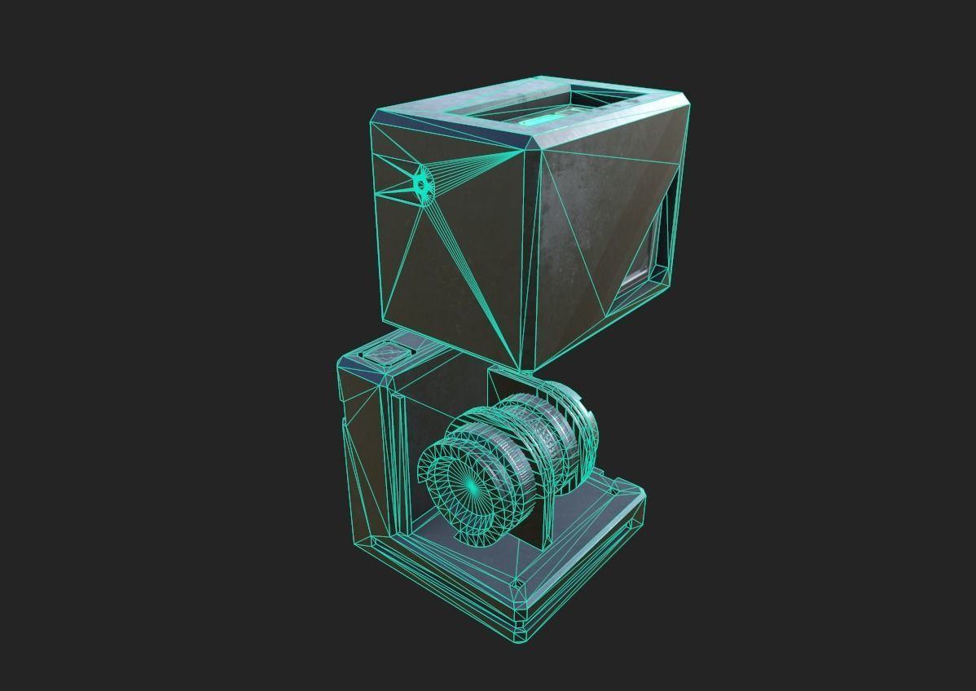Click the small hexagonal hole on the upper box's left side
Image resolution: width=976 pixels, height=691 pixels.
click(x=420, y=185)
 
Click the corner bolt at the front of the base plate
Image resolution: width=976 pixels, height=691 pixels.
click(x=516, y=583)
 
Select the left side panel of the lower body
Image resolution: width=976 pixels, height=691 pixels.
click(x=363, y=456)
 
